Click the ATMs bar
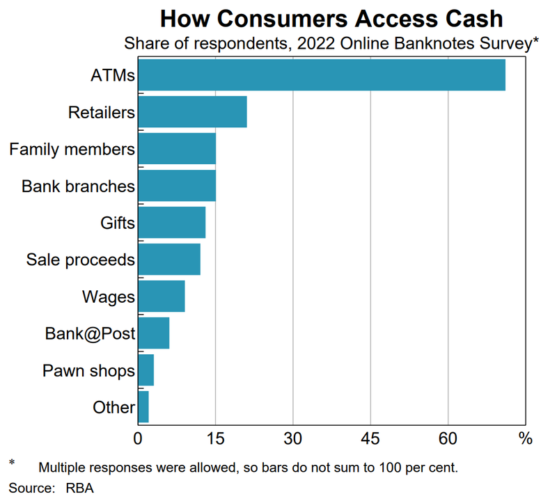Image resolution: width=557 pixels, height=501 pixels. pyautogui.click(x=322, y=74)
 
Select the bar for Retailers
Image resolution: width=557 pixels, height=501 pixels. pyautogui.click(x=193, y=112)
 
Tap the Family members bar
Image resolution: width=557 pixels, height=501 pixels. pyautogui.click(x=177, y=149)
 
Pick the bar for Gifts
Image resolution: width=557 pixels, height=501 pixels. pyautogui.click(x=172, y=223)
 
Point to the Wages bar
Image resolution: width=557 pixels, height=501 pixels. pyautogui.click(x=162, y=296)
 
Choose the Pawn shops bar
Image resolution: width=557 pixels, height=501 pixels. pyautogui.click(x=146, y=370)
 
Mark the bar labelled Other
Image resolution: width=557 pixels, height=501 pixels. pyautogui.click(x=143, y=407)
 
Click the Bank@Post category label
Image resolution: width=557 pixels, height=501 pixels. pyautogui.click(x=90, y=334)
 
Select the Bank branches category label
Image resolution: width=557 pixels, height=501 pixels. pyautogui.click(x=78, y=186)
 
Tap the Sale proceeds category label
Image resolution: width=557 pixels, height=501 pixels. pyautogui.click(x=80, y=260)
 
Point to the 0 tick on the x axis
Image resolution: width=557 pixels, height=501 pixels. pyautogui.click(x=138, y=439)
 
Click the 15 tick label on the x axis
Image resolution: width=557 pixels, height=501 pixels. pyautogui.click(x=215, y=439)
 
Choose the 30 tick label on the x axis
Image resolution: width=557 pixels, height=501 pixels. pyautogui.click(x=293, y=439)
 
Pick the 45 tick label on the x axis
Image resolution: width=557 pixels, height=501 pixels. pyautogui.click(x=370, y=439)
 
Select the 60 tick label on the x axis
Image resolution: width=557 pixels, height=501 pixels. pyautogui.click(x=448, y=439)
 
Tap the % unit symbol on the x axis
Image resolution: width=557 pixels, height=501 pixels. pyautogui.click(x=525, y=439)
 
